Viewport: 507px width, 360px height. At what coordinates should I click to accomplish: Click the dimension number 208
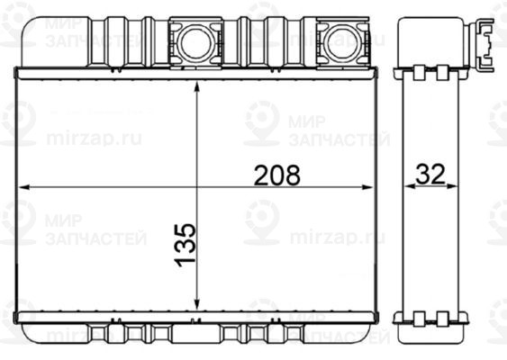[277, 175]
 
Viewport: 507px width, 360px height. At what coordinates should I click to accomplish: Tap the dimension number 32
[430, 174]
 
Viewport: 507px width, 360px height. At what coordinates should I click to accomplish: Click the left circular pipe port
[195, 43]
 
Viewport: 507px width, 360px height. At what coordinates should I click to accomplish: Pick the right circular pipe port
[342, 43]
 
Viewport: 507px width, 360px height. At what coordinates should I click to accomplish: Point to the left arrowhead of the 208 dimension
[25, 187]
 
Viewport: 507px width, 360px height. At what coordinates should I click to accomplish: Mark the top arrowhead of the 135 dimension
[197, 88]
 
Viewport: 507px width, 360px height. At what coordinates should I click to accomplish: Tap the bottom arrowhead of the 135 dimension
[197, 304]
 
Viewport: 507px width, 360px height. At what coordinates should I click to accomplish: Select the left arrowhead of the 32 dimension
[410, 185]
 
